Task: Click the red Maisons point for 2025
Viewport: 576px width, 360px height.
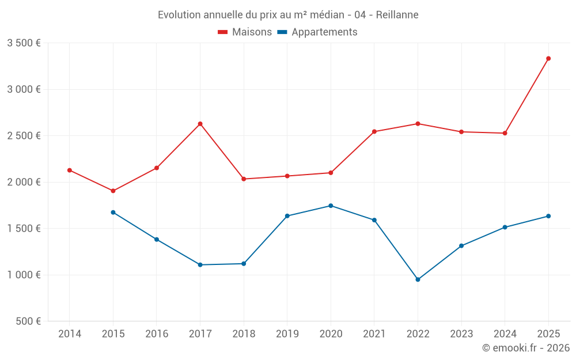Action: [548, 58]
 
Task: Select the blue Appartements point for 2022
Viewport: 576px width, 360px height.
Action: [418, 279]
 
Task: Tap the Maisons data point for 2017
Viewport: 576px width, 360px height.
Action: [200, 124]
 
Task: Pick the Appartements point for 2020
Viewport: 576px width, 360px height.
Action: [331, 206]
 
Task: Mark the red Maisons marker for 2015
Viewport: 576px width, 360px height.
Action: [113, 191]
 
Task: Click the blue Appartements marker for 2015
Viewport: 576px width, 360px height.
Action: [113, 213]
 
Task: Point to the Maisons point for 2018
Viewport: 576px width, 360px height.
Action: [244, 179]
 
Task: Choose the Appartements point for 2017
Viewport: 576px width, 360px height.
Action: [200, 265]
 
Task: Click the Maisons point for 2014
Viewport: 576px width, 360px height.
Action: [70, 170]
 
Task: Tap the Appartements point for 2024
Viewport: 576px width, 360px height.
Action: [505, 227]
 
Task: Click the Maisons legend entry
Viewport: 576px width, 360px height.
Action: [245, 32]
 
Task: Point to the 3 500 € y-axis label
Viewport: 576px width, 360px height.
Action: [24, 43]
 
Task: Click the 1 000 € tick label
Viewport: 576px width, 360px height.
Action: [24, 275]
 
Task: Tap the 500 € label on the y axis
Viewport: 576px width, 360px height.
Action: [28, 321]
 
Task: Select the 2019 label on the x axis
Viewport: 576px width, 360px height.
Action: [287, 334]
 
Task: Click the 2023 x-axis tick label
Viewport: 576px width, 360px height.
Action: [461, 334]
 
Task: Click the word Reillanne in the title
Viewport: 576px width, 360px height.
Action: [397, 14]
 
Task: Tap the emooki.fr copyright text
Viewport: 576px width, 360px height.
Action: [526, 348]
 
